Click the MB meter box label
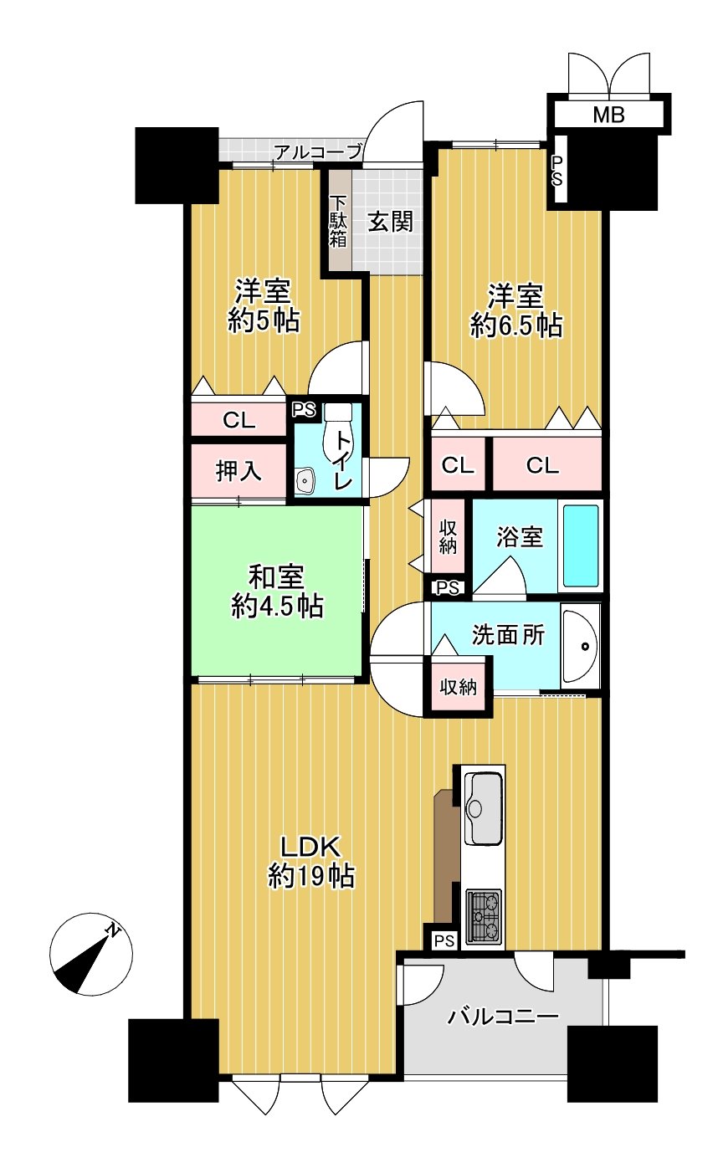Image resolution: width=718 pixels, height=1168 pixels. (608, 115)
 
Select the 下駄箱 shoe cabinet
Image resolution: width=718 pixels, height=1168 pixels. (338, 221)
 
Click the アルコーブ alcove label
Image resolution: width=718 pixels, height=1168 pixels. (318, 152)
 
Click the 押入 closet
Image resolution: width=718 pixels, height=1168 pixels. (239, 472)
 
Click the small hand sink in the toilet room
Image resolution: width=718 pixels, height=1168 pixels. (304, 480)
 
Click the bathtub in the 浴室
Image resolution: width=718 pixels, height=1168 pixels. (581, 545)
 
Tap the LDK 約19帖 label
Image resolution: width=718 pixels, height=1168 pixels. (310, 862)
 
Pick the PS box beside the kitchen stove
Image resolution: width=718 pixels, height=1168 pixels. (444, 941)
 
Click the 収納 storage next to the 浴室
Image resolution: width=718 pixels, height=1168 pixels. (449, 536)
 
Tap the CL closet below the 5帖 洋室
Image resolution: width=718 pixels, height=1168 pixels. (239, 420)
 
